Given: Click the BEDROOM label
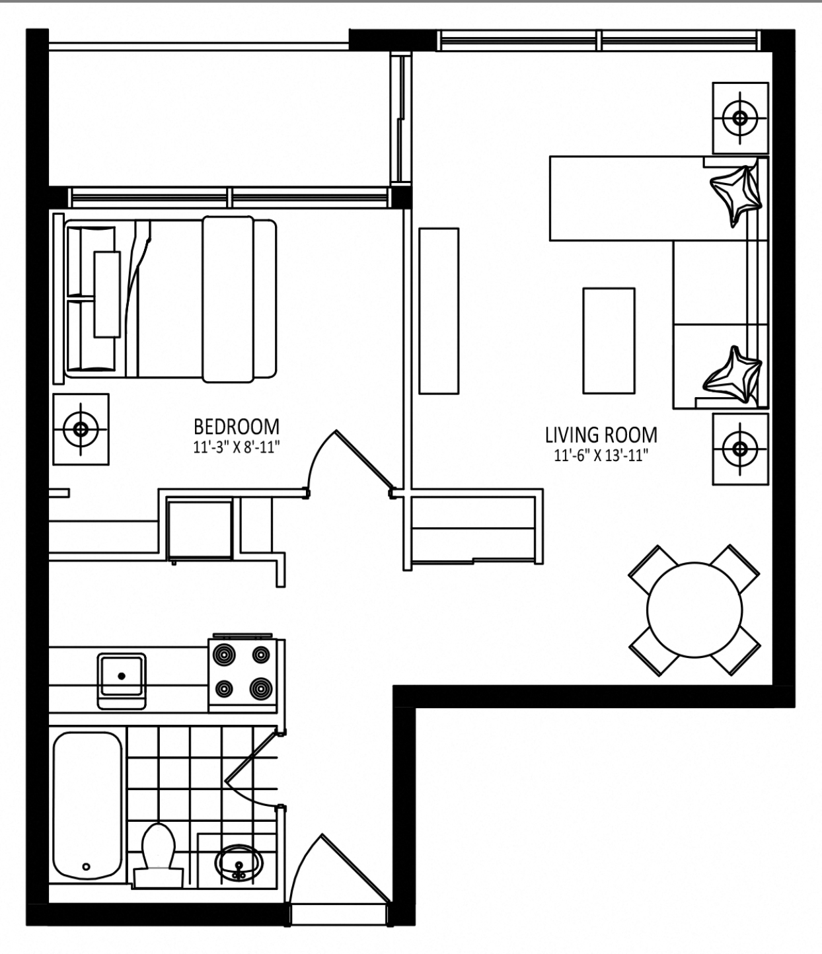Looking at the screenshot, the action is point(237,427).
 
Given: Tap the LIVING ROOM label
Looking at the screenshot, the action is point(601,435).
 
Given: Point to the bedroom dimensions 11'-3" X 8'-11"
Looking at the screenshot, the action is point(237,447).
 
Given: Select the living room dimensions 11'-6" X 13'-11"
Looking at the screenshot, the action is point(601,456).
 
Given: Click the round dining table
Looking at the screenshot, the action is point(694,610).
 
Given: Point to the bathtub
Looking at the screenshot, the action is point(88,806).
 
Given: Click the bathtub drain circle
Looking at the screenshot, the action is point(87,866).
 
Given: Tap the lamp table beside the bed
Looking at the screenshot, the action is point(81,429).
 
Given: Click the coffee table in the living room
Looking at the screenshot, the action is point(609,341).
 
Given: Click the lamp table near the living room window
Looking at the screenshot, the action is point(740,118).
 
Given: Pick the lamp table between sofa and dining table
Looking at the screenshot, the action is point(740,449).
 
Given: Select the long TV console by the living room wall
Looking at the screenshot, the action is point(439,311).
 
